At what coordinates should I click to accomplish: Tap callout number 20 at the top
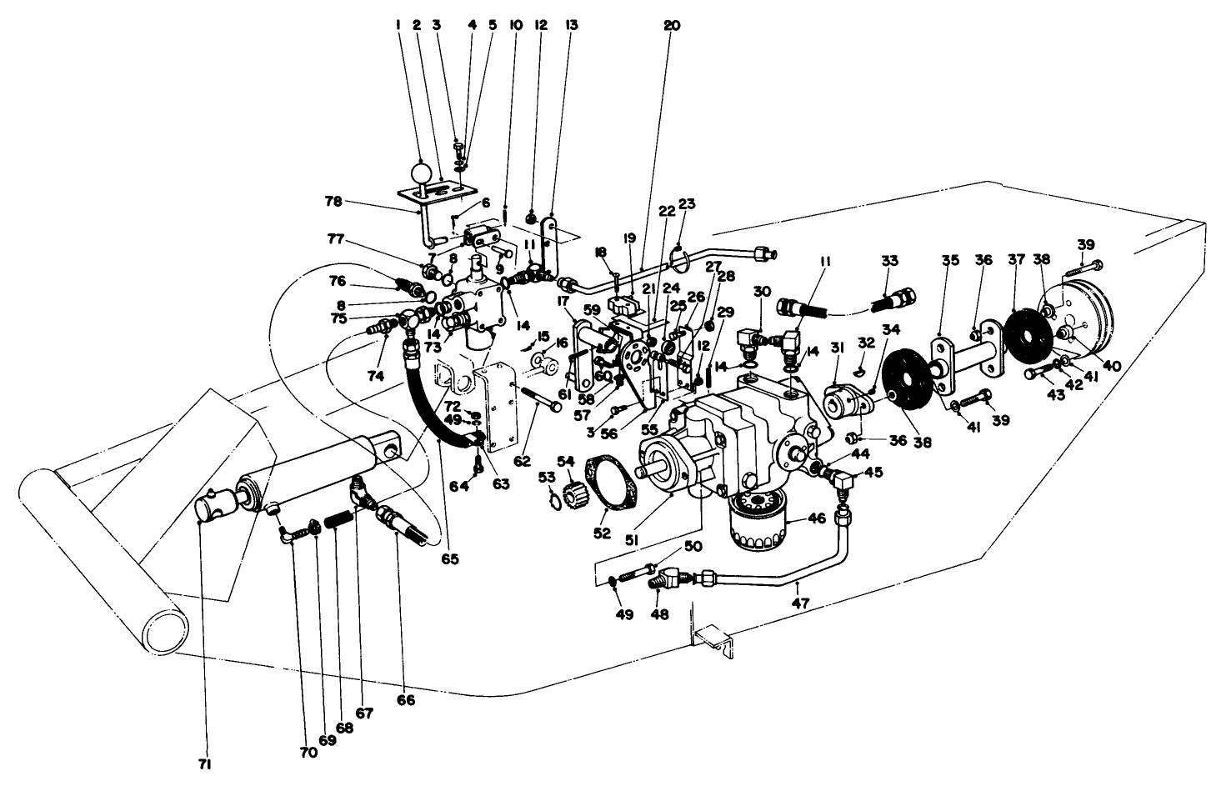672,26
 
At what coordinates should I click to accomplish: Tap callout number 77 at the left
335,238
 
